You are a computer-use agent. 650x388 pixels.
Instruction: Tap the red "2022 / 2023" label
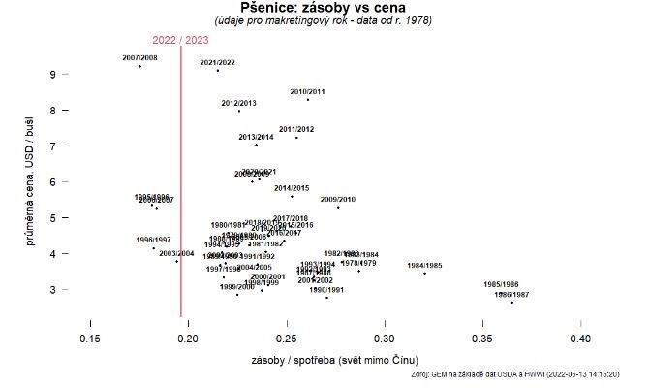180,40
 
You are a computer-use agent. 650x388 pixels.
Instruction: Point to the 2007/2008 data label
140,58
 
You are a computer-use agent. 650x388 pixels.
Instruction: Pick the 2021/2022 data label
217,62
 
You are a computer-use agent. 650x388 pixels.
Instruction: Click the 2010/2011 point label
307,91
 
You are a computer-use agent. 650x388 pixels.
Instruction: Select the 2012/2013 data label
238,103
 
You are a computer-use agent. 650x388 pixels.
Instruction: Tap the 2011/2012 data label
296,129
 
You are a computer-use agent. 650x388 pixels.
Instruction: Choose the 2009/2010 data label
338,199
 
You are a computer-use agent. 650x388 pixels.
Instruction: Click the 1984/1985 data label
424,265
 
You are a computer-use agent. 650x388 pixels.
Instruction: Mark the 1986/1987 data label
511,294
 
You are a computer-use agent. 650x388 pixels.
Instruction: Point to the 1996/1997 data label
153,240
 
